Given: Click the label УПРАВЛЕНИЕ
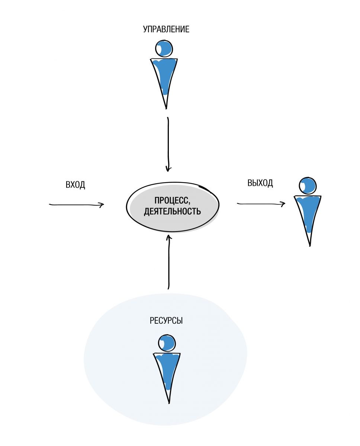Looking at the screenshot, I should click(166, 29).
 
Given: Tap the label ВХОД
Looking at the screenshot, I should click(75, 185).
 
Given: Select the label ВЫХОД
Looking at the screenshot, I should click(260, 183).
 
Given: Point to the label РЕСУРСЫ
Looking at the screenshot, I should click(166, 320).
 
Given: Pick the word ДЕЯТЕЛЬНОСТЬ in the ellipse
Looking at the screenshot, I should click(173, 212).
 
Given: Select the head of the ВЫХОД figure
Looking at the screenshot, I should click(308, 185).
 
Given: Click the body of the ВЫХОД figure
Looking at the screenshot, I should click(308, 212).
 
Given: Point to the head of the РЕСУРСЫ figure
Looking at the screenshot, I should click(167, 343).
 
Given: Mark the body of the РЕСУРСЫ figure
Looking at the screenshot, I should click(167, 370).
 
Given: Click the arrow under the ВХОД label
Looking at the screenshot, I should click(76, 204).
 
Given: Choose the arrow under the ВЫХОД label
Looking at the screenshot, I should click(260, 204).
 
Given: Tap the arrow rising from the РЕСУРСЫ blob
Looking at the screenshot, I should click(168, 262).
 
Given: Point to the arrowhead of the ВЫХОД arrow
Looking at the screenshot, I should click(283, 204).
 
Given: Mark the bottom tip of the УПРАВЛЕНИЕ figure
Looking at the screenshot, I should click(166, 108).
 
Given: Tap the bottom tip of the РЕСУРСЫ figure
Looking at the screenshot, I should click(169, 403).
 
